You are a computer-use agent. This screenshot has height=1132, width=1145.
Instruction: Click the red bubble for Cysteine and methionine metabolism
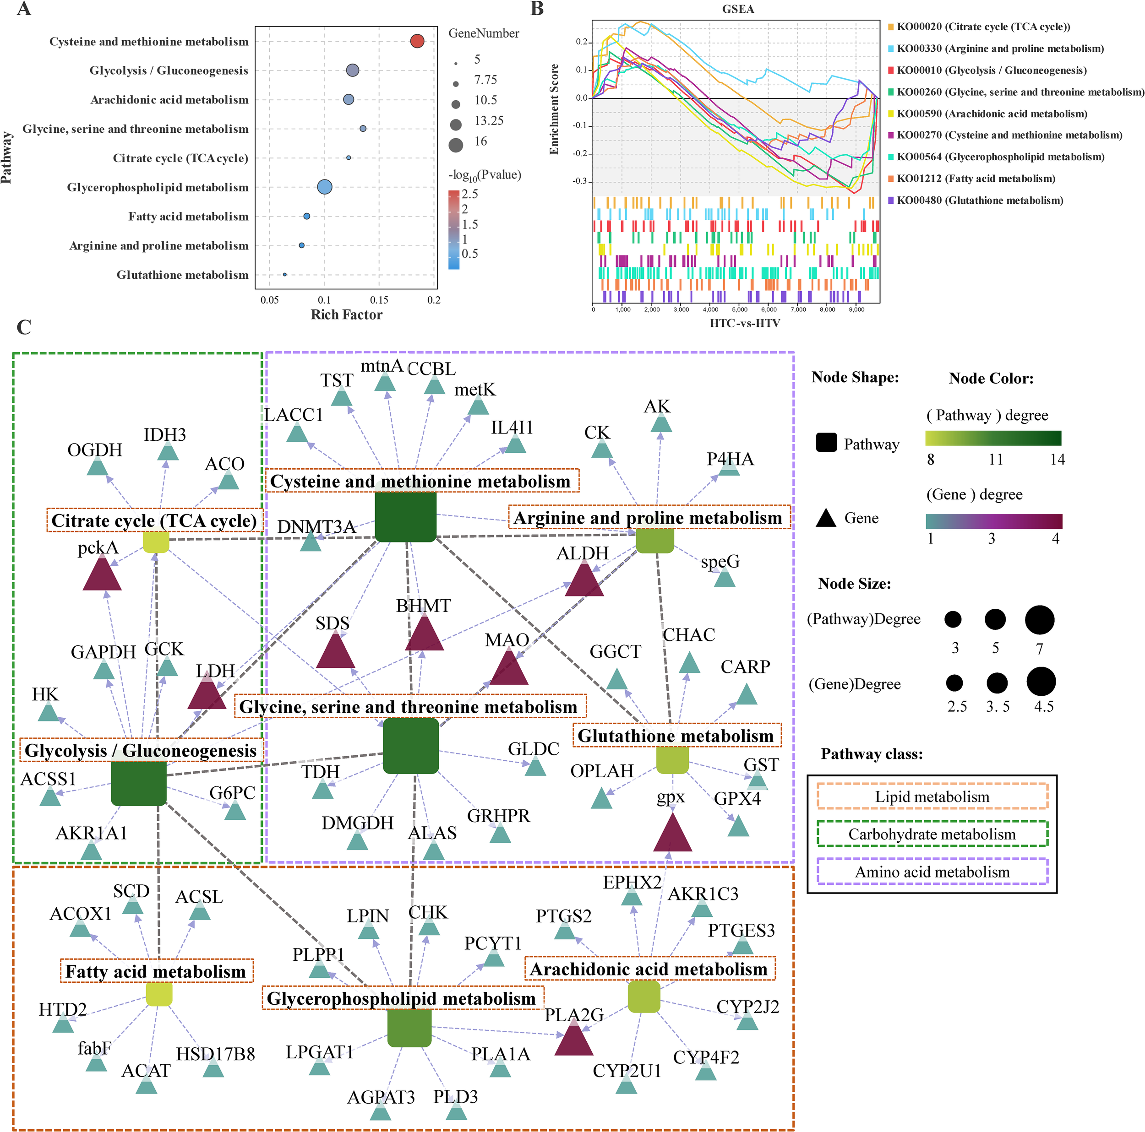coord(417,41)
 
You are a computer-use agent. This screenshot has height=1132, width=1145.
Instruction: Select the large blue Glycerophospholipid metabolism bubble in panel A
coord(324,187)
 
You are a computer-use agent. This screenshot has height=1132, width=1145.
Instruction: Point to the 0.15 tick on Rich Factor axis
coord(379,300)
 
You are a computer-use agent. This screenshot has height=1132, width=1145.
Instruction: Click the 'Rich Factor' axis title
coord(347,314)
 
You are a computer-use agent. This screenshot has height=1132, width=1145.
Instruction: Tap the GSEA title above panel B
coord(738,9)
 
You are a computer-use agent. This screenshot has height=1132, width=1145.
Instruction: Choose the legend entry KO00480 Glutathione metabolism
coord(980,200)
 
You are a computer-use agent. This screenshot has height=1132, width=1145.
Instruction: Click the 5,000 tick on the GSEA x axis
coord(740,309)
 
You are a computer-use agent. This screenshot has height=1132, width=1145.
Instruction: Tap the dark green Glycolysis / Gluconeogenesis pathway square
coord(139,783)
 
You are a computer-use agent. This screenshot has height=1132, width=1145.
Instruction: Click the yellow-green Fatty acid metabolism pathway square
coord(159,994)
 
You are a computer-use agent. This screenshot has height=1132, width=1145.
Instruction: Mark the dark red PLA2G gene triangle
coord(574,1041)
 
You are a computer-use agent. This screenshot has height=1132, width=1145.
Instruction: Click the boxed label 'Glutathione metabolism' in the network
coord(676,736)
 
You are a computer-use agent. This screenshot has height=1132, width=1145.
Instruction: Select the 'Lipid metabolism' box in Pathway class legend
coord(932,797)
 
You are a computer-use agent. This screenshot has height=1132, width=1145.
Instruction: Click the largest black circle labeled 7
coord(1040,620)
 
